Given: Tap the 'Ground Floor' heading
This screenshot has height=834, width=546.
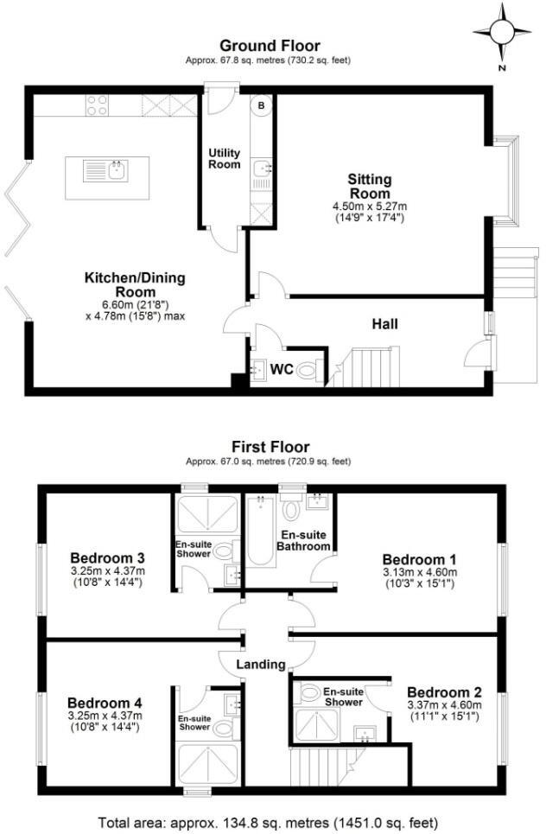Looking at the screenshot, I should point(269,46).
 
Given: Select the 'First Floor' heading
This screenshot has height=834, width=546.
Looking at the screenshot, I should point(270,447).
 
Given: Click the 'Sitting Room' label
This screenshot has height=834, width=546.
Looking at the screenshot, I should point(370,187).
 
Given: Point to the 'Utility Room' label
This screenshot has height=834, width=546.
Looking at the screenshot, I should point(224,159).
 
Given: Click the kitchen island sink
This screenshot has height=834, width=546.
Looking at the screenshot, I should point(116,170).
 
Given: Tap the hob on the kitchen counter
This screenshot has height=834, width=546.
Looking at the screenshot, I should point(97,105).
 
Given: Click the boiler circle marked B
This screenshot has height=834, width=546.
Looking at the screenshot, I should point(261,105).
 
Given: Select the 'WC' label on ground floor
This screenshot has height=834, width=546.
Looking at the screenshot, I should point(282,370).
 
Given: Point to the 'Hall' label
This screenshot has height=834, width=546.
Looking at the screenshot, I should point(384,325).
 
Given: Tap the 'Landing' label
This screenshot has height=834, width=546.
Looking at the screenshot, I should point(261,665).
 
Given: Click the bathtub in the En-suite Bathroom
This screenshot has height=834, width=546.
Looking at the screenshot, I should point(259,532).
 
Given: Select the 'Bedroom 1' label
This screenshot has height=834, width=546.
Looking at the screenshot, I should point(416,558).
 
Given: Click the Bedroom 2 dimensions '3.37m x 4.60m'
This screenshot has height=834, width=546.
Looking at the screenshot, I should point(444,706).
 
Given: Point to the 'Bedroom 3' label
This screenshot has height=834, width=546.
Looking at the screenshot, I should point(107,557).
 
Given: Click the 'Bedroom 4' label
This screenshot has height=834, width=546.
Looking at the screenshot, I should point(105,703).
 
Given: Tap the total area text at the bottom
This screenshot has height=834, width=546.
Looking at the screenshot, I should point(268,822).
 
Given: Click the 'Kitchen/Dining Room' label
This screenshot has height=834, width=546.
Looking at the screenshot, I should point(134,285).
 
